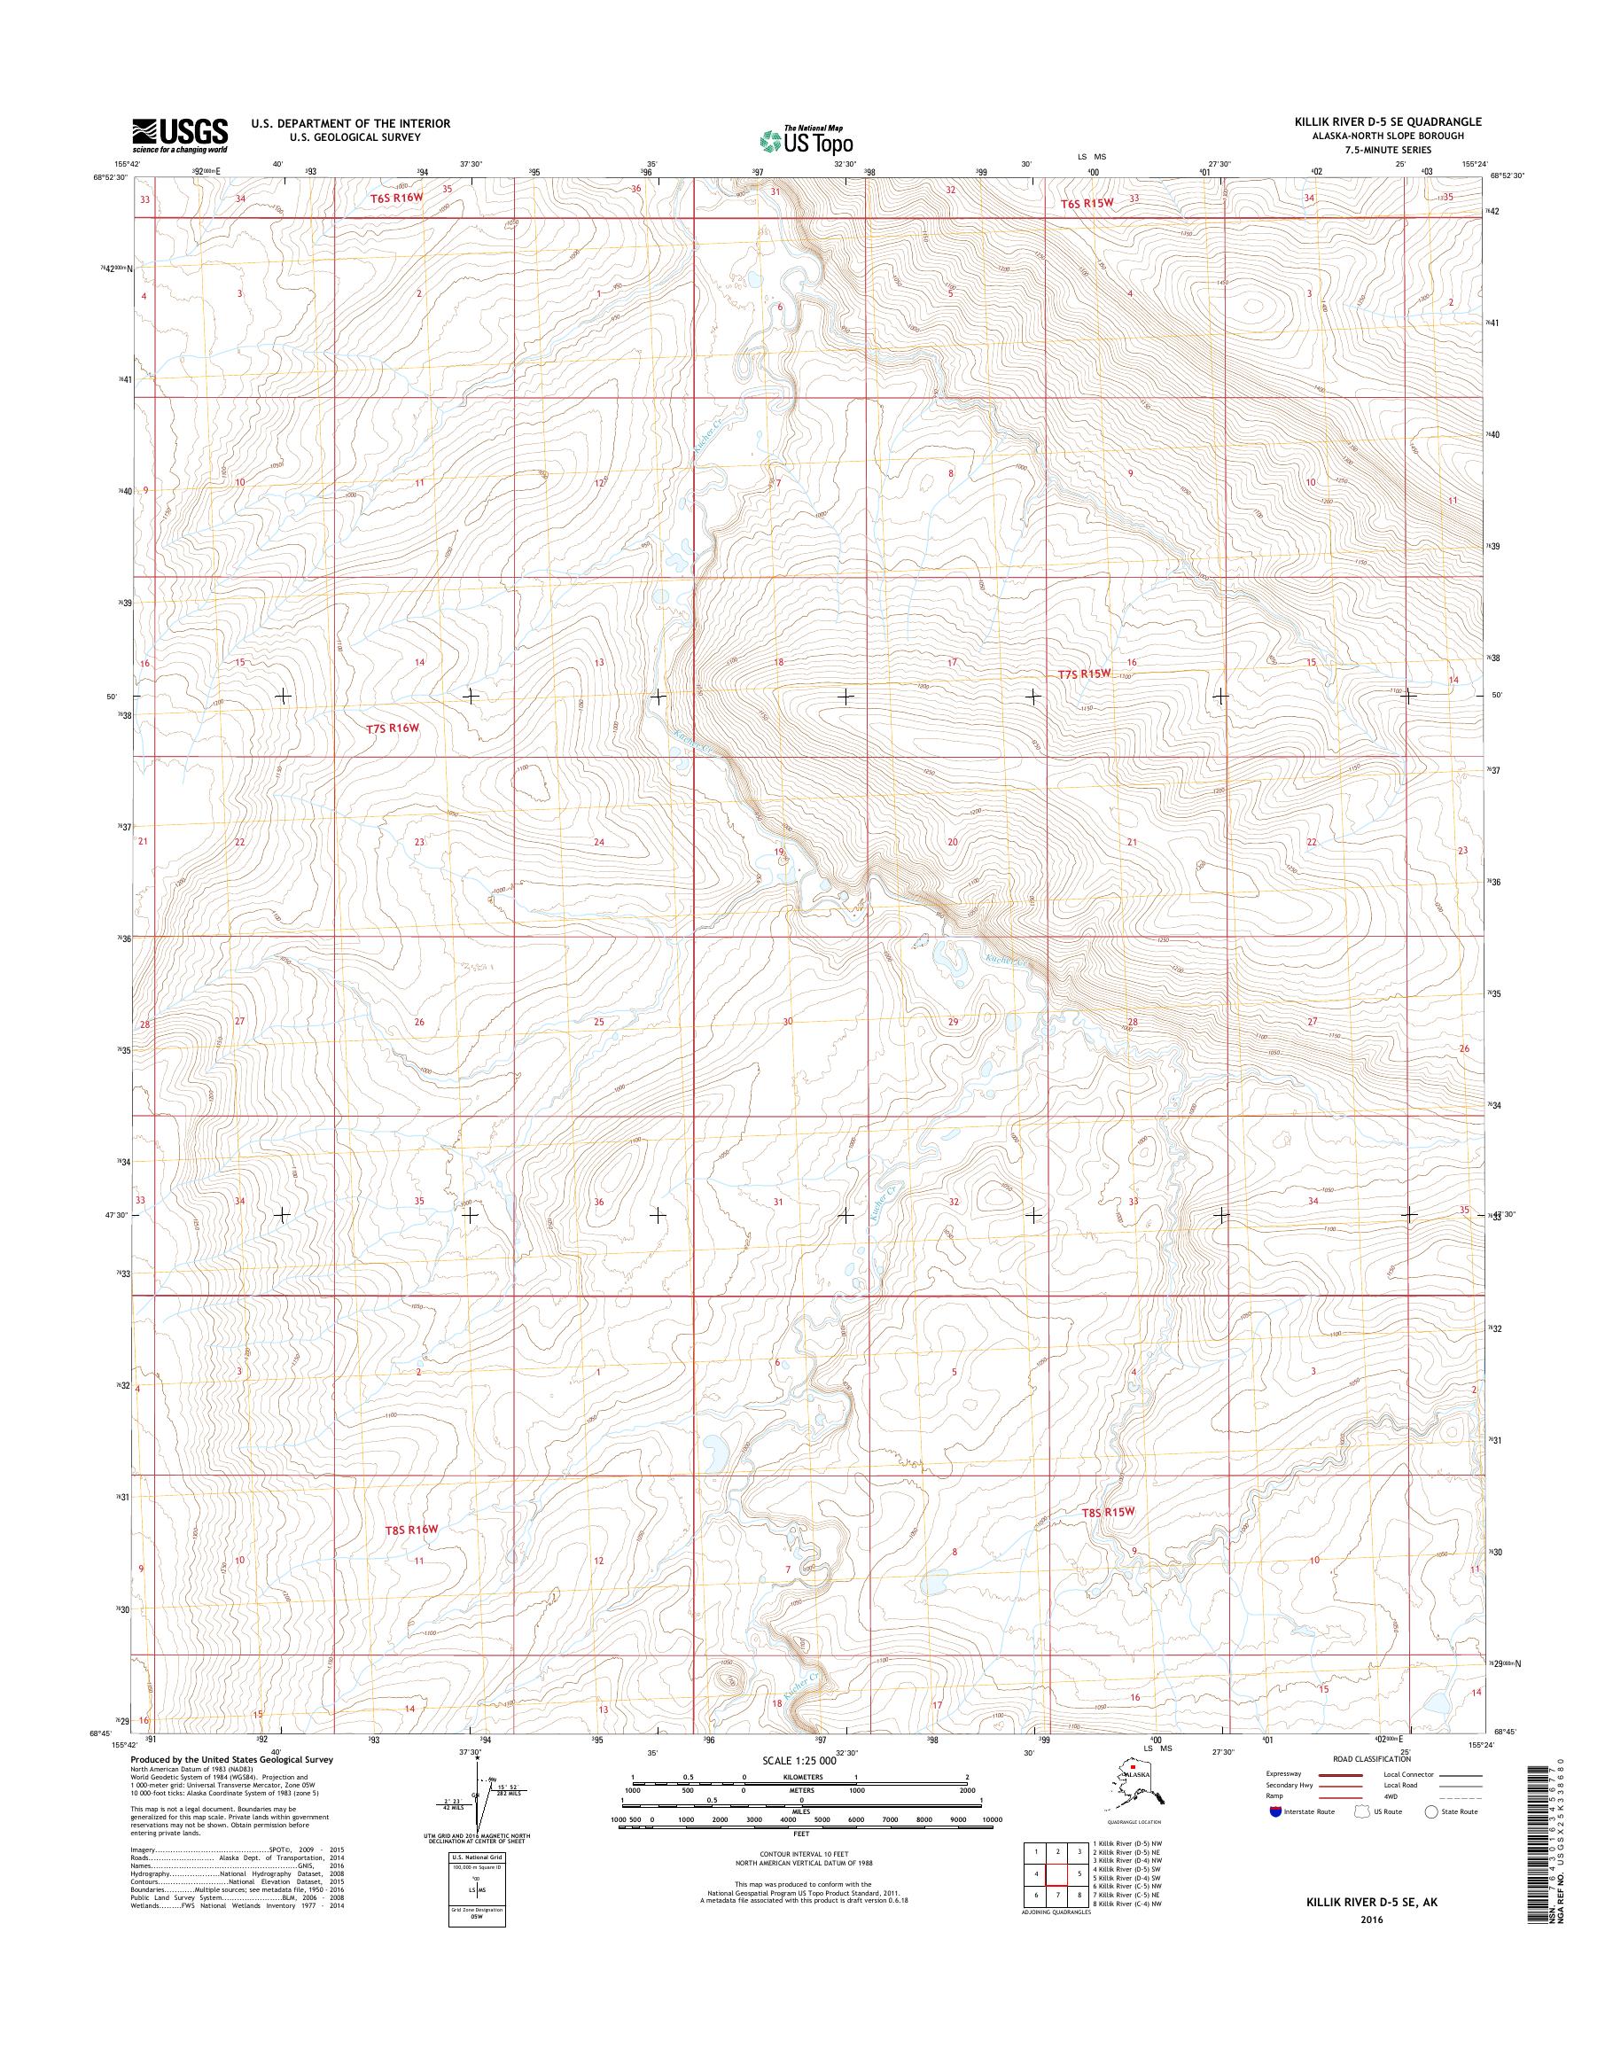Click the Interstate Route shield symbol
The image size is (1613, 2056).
click(x=1276, y=1811)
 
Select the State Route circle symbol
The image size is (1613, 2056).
click(x=1430, y=1811)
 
